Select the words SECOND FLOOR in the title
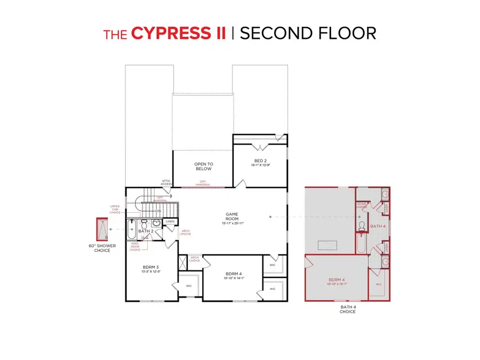(308, 33)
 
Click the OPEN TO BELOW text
(203, 166)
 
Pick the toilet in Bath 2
(144, 223)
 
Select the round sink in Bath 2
(156, 223)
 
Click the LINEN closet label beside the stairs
(170, 221)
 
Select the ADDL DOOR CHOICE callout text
(135, 246)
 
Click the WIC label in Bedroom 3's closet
(188, 286)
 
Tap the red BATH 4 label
(379, 227)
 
